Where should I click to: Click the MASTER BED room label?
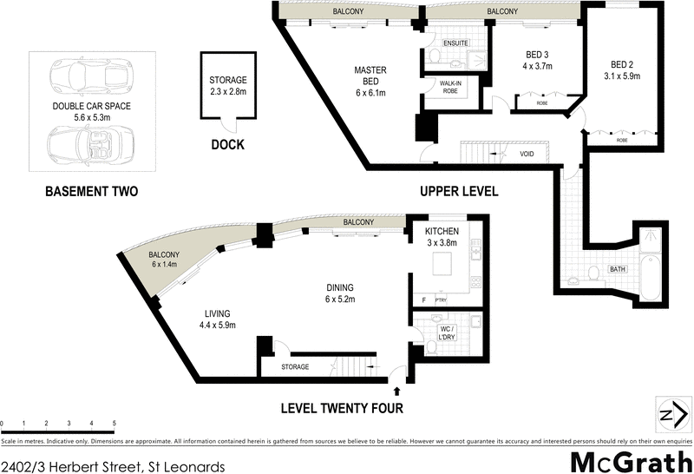click(x=370, y=70)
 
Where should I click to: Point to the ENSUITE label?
click(x=455, y=43)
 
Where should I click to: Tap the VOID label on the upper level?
click(x=526, y=155)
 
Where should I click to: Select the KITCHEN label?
click(x=442, y=232)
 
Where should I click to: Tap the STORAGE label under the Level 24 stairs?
click(x=295, y=367)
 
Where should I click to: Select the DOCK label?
click(x=227, y=145)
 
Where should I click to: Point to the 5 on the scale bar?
click(x=115, y=424)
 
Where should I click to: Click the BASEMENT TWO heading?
click(x=91, y=191)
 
